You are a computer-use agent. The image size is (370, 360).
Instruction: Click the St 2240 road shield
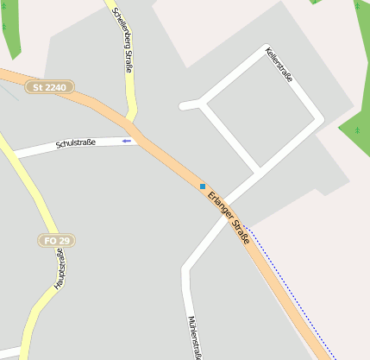tap(50, 87)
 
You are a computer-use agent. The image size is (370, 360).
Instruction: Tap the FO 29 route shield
tap(53, 239)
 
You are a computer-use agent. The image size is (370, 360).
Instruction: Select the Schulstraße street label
tap(75, 143)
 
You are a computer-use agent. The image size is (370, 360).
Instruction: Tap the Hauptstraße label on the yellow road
tap(60, 268)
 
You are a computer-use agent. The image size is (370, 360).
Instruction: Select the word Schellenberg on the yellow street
tap(119, 26)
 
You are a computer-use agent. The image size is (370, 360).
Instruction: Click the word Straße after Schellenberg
tap(129, 63)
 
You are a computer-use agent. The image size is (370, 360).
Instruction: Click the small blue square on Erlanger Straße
tap(203, 186)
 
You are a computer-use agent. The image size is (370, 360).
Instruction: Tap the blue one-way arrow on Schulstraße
tap(127, 140)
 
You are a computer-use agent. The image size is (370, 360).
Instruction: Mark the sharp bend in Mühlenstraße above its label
tap(185, 268)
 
